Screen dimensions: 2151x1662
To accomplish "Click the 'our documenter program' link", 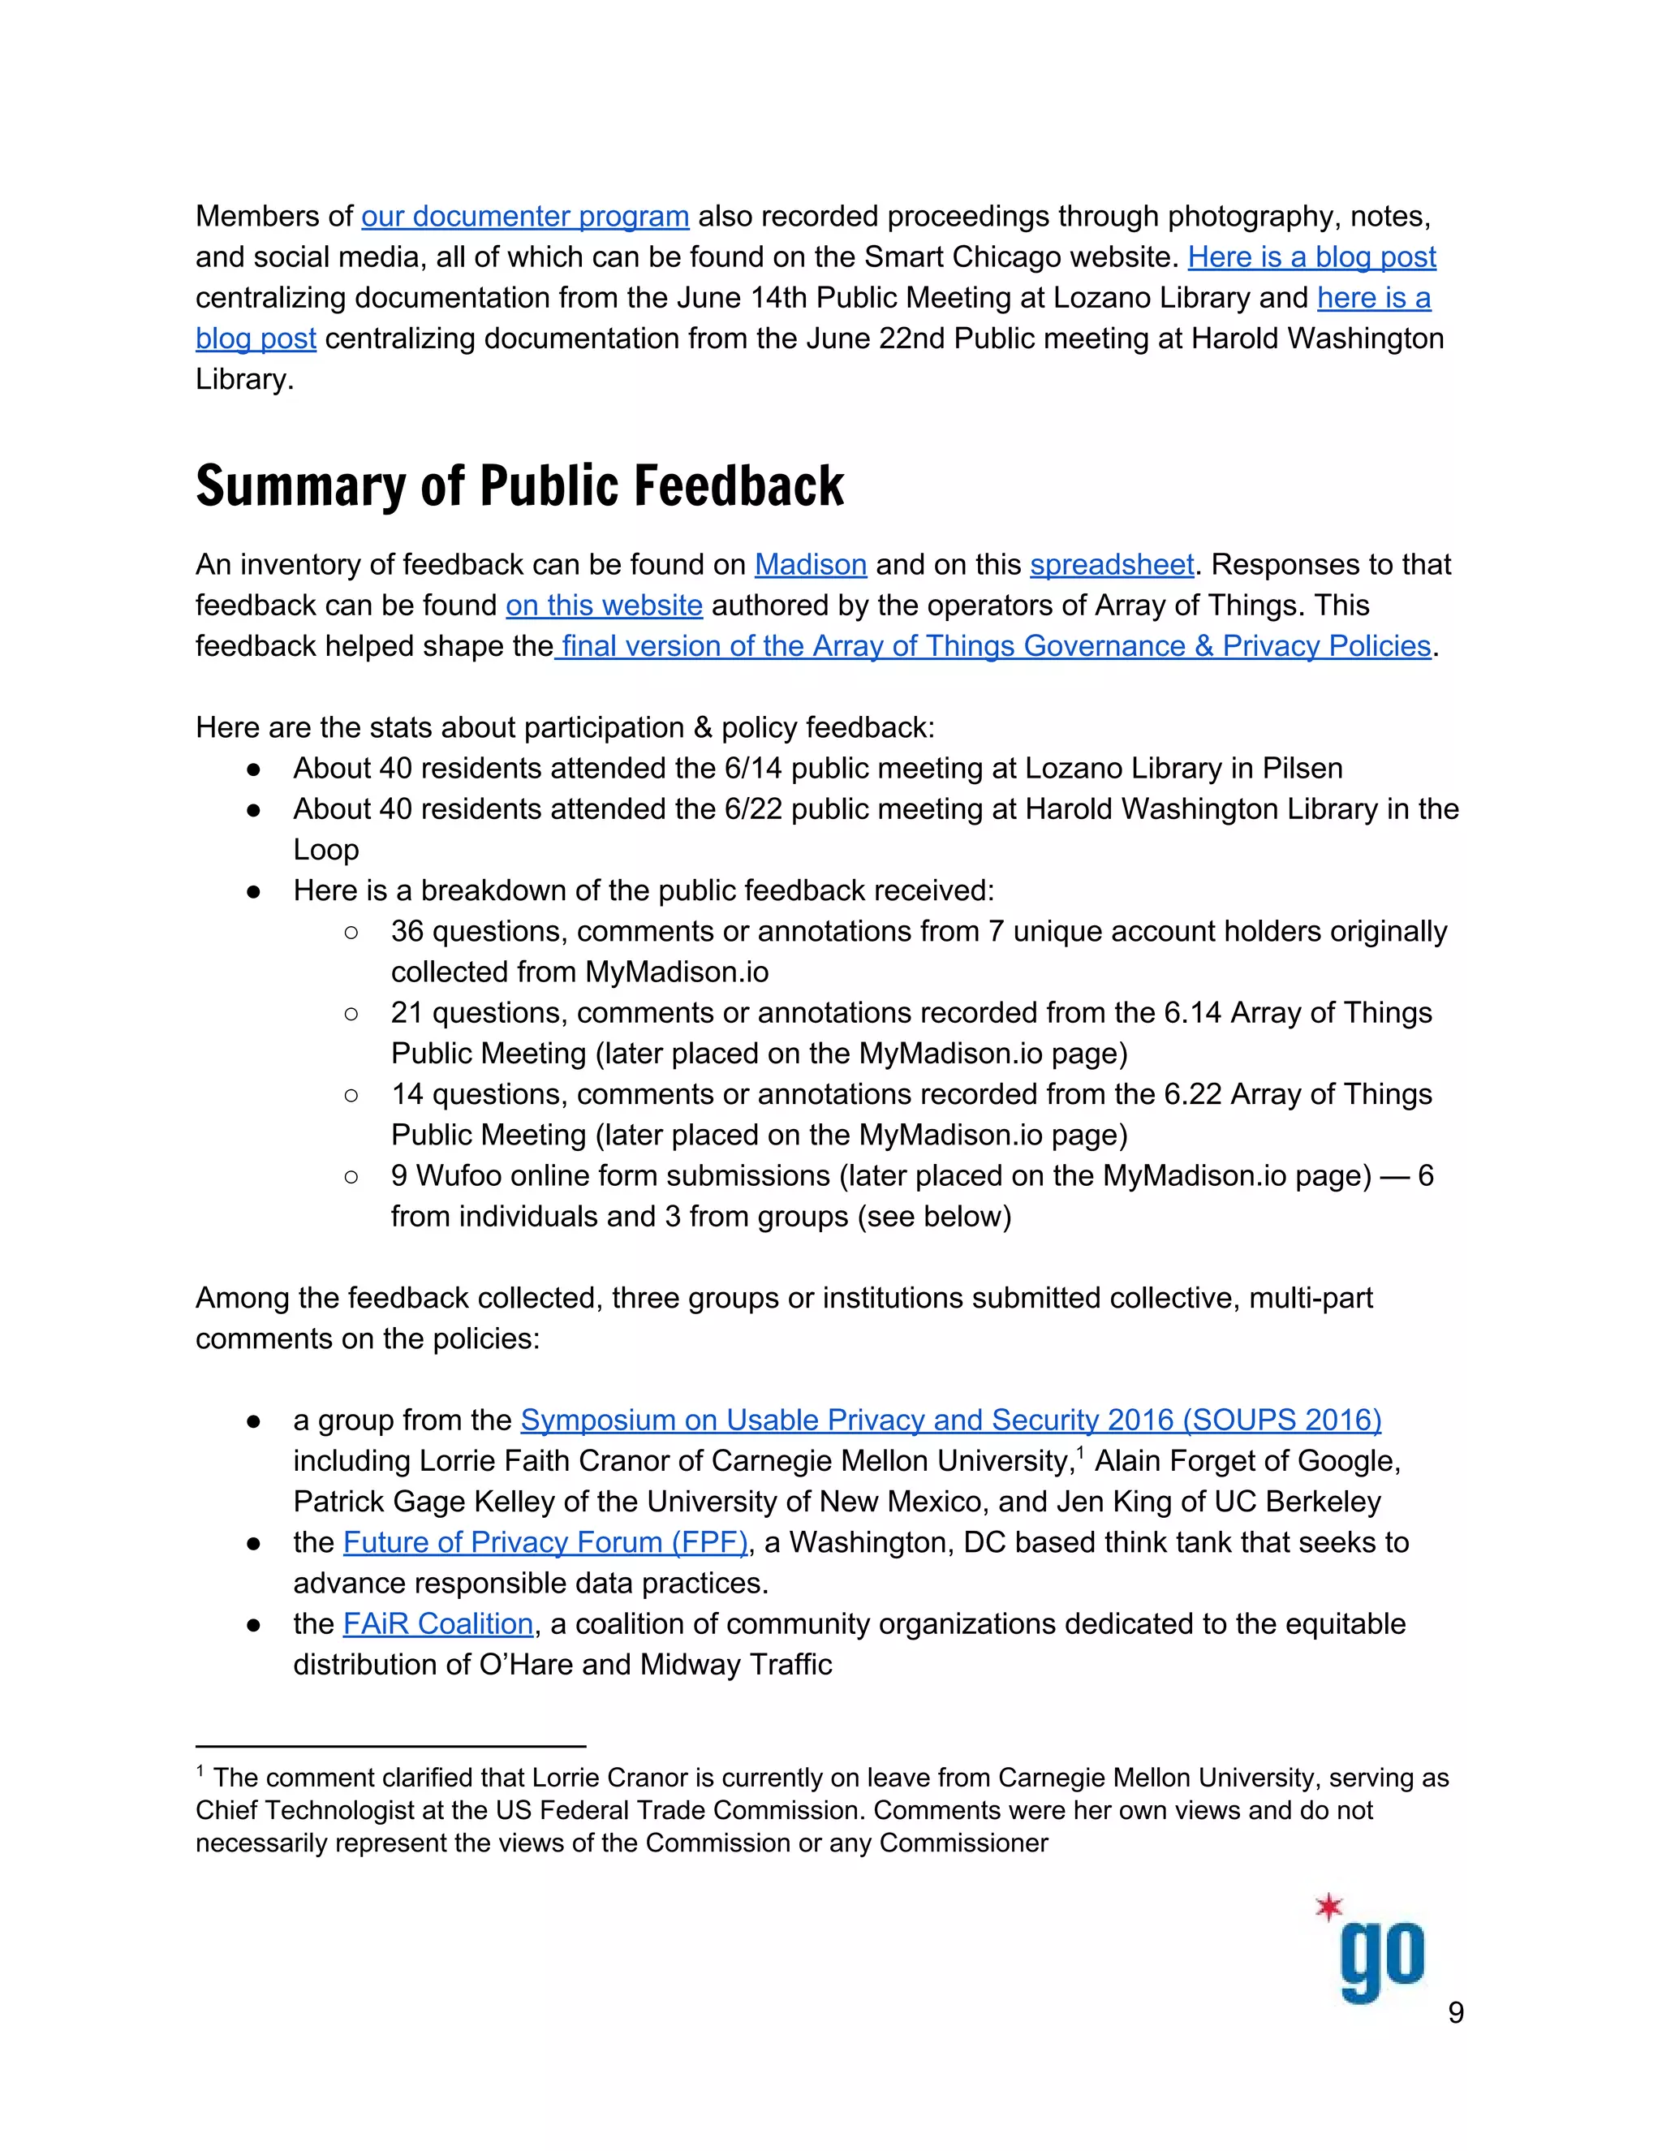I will (525, 217).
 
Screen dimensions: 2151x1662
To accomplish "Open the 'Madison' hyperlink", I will (811, 564).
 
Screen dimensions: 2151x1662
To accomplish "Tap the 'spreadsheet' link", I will (1112, 564).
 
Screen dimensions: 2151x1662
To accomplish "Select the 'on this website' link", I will (604, 605).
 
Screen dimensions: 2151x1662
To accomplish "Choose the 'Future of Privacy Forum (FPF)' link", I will (545, 1541).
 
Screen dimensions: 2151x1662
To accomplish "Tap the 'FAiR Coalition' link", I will (438, 1623).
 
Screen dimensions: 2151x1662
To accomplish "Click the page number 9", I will (1455, 2012).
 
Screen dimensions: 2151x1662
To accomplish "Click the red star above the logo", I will (1329, 1907).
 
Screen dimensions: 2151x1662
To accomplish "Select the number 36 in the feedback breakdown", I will (407, 931).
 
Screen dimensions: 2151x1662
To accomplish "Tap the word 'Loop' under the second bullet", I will (326, 849).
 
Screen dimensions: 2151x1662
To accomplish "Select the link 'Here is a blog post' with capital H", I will (1311, 257).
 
